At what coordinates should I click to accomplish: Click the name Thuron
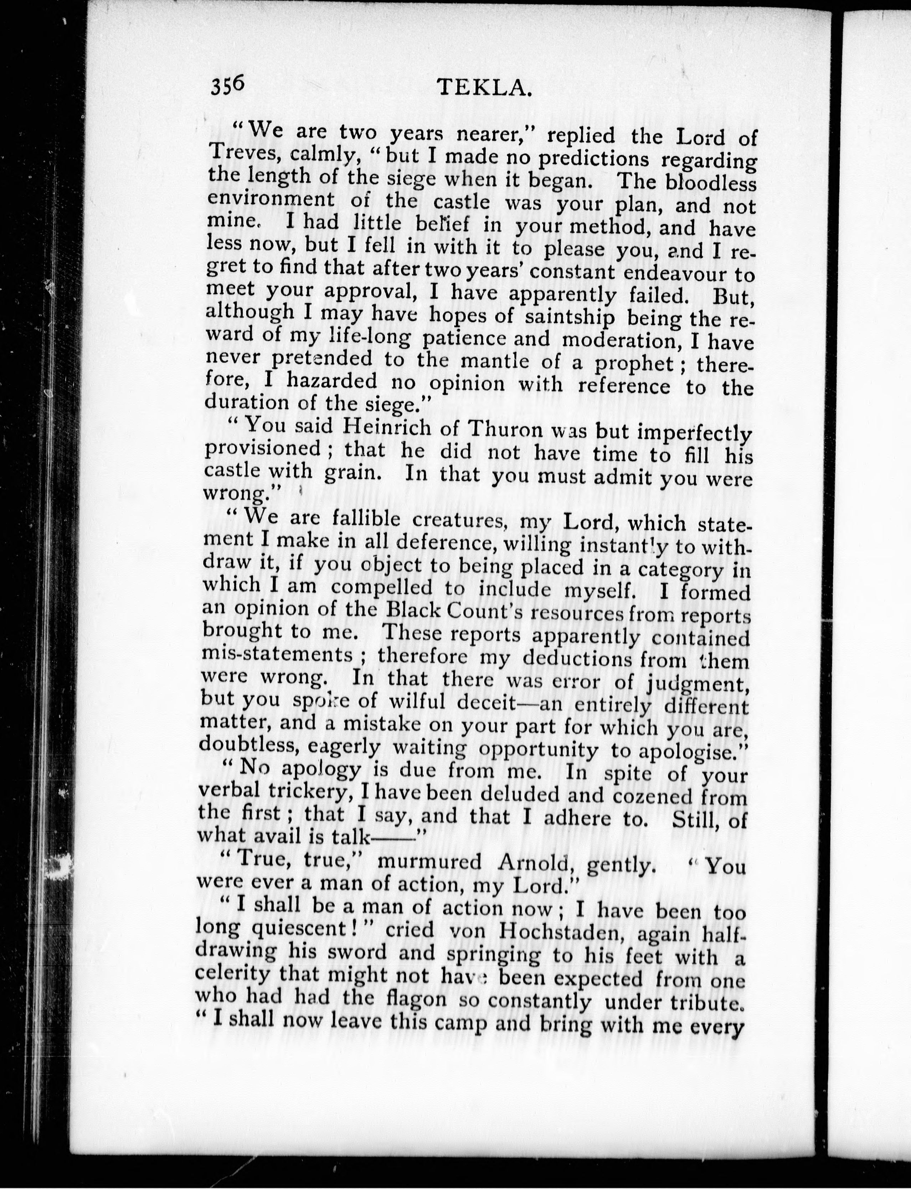[x=505, y=429]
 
